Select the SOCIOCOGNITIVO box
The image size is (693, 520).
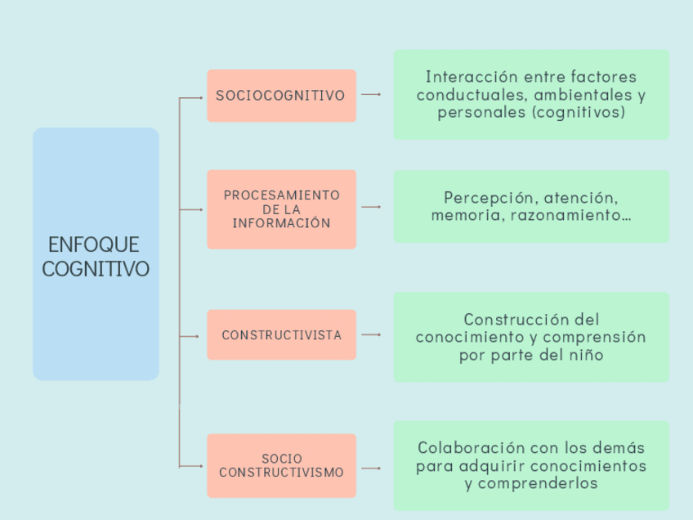click(x=281, y=96)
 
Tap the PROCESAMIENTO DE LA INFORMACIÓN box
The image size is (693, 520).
click(x=281, y=209)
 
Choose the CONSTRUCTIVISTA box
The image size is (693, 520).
click(x=281, y=335)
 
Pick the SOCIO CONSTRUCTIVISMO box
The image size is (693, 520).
click(x=281, y=466)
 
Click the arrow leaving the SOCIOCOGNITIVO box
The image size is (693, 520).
click(x=371, y=95)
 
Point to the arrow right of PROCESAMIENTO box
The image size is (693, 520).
click(x=371, y=208)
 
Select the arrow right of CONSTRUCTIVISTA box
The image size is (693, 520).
click(x=371, y=335)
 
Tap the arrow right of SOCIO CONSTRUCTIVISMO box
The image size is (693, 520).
click(x=371, y=468)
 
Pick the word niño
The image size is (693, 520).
click(x=588, y=355)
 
